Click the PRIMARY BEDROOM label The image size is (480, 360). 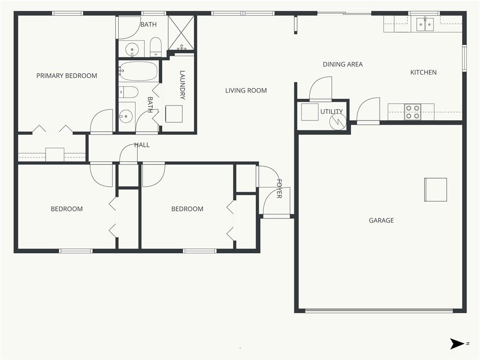pos(67,75)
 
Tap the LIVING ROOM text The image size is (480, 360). pos(246,90)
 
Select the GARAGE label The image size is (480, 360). pos(381,220)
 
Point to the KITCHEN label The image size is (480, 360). pos(423,72)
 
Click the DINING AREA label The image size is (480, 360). pos(343,64)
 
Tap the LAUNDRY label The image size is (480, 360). pos(182,85)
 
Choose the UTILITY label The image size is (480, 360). pos(331,112)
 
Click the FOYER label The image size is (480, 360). pos(279,188)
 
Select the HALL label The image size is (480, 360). pos(142,145)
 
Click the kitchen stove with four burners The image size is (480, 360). pos(412,112)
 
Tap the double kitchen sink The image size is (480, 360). pos(425,24)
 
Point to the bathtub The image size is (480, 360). pos(138,71)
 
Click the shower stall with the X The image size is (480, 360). pos(181,33)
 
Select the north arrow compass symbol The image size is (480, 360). pos(457,344)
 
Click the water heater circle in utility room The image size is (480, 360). pos(338,121)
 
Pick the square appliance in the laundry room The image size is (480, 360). pos(174,114)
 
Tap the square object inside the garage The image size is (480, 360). pos(435,189)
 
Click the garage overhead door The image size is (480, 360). pos(379,311)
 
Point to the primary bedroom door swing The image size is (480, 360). pos(102,121)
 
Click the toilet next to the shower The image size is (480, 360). pos(156,47)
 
